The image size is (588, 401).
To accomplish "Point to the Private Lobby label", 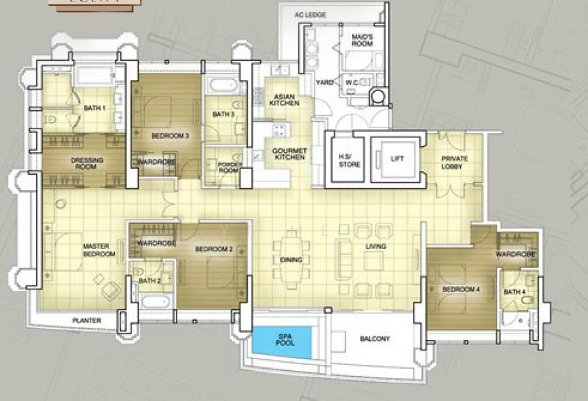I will click(x=456, y=163).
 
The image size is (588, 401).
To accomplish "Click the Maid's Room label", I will click(x=362, y=40).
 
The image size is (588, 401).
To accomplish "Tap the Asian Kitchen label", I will click(x=284, y=101).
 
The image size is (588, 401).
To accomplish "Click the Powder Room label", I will click(x=229, y=166).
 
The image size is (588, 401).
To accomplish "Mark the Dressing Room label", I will click(x=87, y=163).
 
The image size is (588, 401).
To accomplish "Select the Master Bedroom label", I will click(x=98, y=250).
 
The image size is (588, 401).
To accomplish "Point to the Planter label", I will click(x=87, y=320).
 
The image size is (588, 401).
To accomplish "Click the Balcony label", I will click(x=374, y=339).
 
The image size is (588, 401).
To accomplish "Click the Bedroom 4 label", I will click(x=461, y=290).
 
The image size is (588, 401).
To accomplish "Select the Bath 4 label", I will click(x=514, y=293).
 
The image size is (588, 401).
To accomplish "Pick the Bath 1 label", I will click(x=93, y=108).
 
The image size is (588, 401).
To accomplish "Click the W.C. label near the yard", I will click(x=353, y=83).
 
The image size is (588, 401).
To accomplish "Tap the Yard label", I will click(x=324, y=83).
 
